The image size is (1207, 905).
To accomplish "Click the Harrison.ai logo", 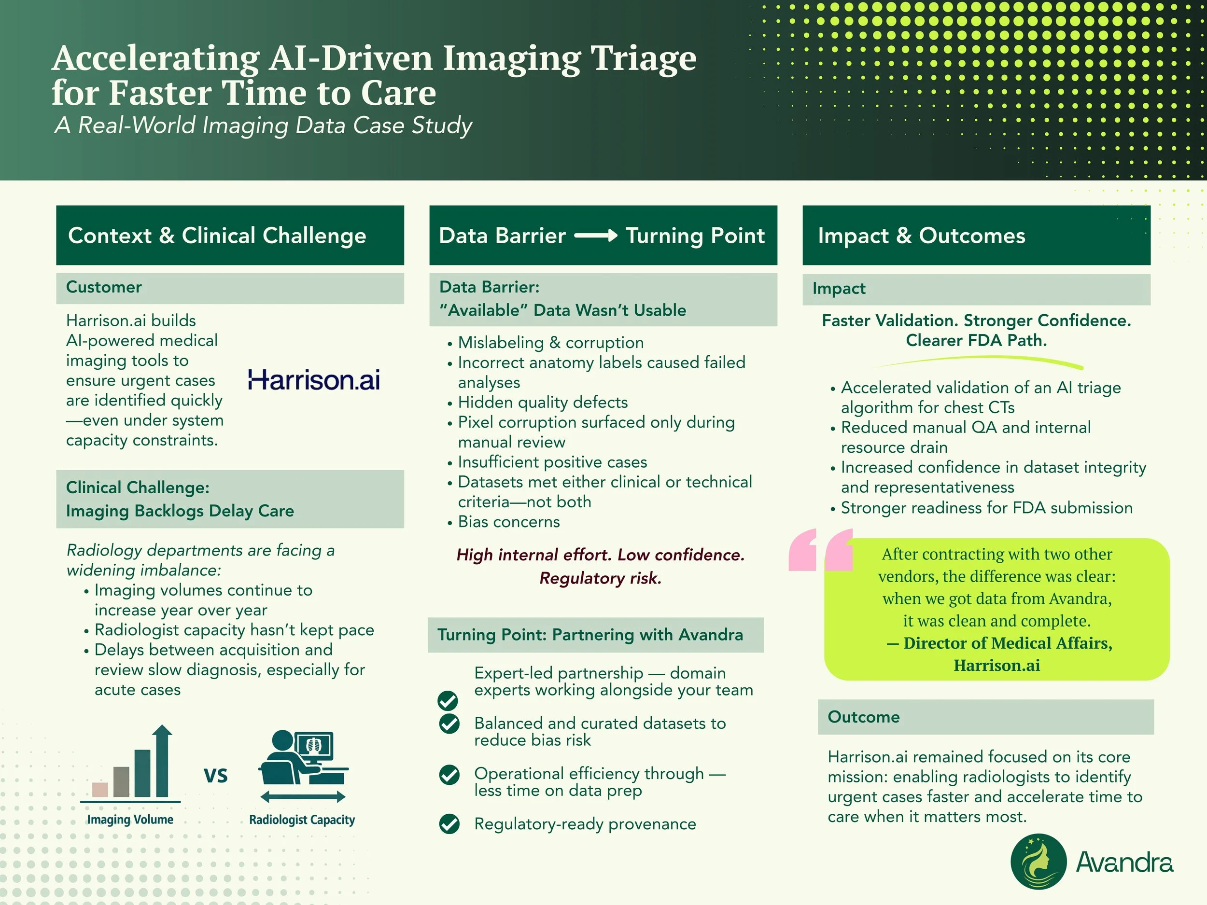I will point(314,380).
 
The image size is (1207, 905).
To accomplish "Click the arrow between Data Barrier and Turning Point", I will point(595,236).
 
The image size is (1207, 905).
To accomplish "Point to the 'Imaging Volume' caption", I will point(130,820).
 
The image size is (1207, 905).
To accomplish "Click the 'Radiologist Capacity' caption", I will point(302,820).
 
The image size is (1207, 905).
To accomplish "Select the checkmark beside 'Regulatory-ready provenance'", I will point(449,824).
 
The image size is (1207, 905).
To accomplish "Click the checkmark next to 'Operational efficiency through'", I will point(449,775).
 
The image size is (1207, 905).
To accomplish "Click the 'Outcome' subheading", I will point(863,717).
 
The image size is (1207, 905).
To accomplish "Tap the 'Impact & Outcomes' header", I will point(921,236).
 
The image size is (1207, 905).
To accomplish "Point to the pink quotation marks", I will point(820,550).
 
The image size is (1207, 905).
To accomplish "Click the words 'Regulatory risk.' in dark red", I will point(600,578).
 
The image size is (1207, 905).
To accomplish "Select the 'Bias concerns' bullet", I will point(508,522).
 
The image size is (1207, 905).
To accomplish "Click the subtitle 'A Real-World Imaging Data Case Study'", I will point(263,125).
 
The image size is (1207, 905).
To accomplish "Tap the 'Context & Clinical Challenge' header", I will point(217,236).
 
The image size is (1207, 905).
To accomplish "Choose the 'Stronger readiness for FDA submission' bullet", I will point(986,508).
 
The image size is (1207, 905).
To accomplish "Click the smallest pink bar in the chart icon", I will point(100,789).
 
